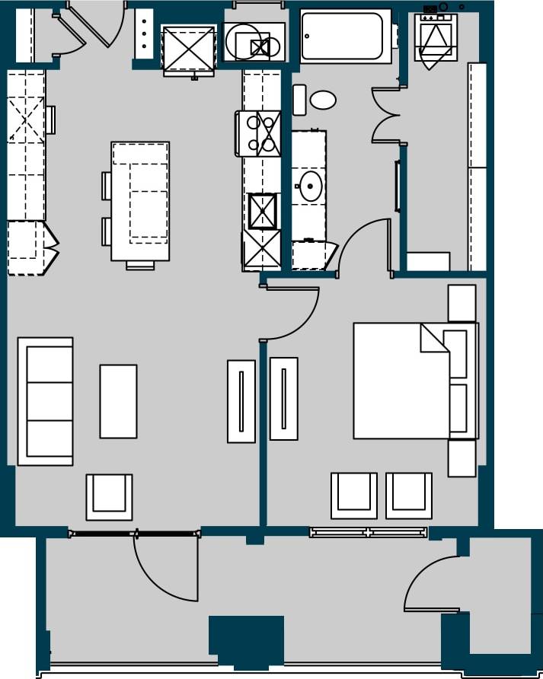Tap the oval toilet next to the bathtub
pos(322,100)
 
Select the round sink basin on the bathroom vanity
pos(311,186)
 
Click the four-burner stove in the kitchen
pos(258,133)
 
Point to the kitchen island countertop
pos(140,201)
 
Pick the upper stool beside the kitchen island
pos(107,186)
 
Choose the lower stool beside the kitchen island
pos(107,231)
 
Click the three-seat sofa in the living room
pos(45,400)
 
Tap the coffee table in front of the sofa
pos(118,401)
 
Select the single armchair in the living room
pos(109,496)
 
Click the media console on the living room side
pos(241,400)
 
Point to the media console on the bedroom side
pos(283,398)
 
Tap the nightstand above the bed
pos(462,302)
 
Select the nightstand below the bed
pos(462,458)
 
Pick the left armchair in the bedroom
pos(354,496)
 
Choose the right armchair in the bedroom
pos(409,496)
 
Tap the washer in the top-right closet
pos(436,40)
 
